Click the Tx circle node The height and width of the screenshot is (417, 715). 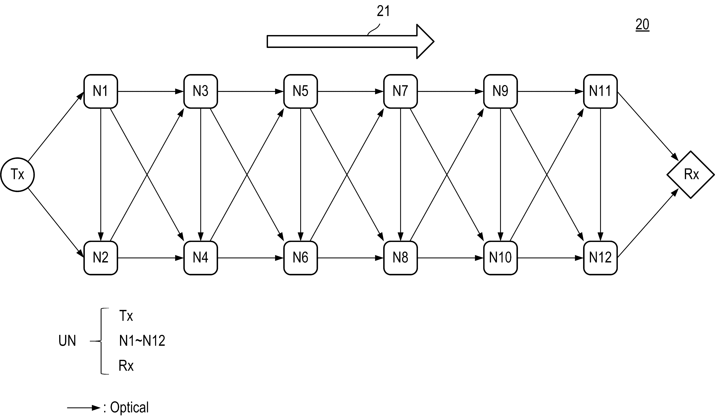[x=18, y=175]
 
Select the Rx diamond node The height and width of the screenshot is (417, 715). [x=690, y=175]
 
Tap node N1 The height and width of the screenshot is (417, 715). [x=101, y=91]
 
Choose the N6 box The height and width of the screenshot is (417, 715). [x=301, y=258]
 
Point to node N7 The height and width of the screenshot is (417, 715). [x=400, y=91]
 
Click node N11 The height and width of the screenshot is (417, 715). [x=600, y=91]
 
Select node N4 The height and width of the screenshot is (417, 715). [x=201, y=258]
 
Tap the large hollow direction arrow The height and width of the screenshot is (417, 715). [x=350, y=41]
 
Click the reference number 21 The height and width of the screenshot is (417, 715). [x=383, y=11]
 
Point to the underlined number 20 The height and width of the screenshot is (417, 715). [x=642, y=25]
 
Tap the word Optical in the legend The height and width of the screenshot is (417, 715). [x=129, y=408]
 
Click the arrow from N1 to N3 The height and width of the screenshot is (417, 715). [x=151, y=91]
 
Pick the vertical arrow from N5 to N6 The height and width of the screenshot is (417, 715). [x=301, y=175]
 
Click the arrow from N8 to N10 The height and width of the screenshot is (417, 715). [x=450, y=258]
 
